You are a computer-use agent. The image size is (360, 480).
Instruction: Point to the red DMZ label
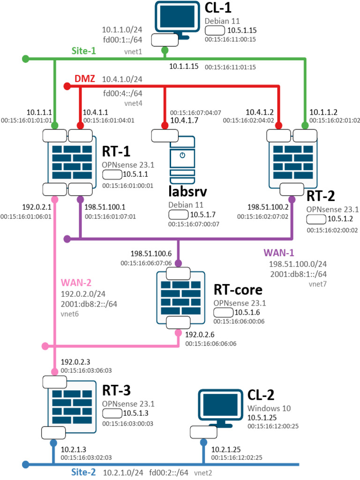[85, 79]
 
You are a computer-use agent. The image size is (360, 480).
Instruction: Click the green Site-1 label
[84, 51]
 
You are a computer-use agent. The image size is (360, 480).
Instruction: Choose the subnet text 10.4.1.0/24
[123, 79]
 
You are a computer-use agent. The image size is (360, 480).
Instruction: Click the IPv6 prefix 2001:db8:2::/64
[89, 304]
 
